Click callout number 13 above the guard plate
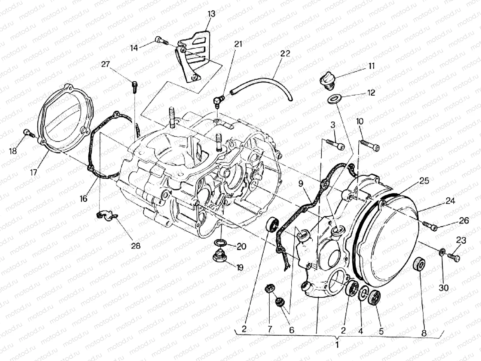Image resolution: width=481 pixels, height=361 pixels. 211,14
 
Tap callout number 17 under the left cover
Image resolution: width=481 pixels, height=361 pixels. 33,172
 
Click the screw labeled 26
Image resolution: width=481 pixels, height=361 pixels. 430,226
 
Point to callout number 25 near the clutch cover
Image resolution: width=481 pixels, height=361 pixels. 424,181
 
